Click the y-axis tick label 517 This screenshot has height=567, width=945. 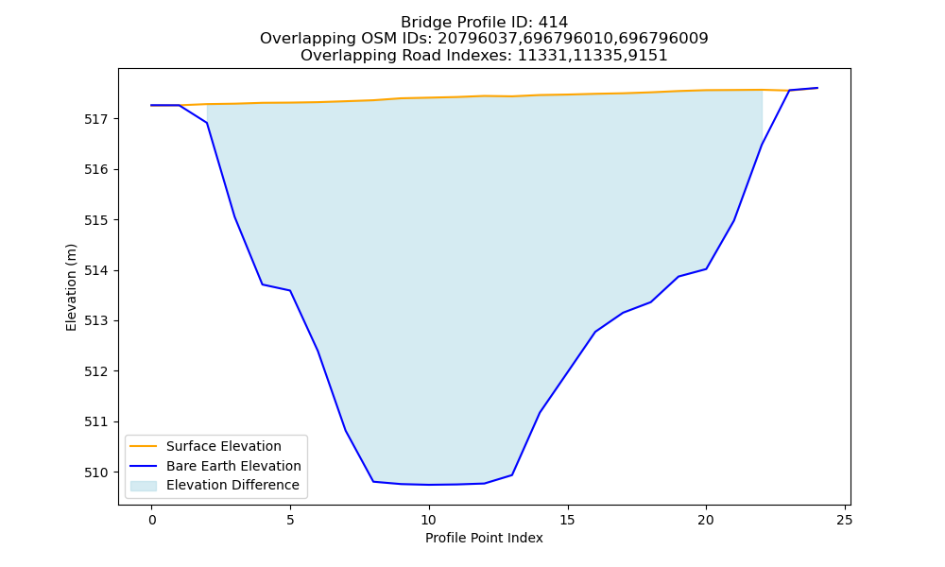click(95, 119)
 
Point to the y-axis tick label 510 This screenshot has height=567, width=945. click(95, 472)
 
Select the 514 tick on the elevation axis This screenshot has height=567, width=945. click(95, 270)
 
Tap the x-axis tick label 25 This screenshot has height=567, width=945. click(845, 520)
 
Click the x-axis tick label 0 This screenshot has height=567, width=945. click(152, 520)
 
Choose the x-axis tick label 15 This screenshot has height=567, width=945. click(568, 520)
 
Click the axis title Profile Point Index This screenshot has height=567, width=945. click(484, 538)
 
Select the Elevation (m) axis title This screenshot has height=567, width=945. click(71, 287)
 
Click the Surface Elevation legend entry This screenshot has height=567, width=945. click(224, 446)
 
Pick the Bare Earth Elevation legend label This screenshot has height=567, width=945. click(233, 466)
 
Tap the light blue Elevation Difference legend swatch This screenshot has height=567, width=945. click(144, 485)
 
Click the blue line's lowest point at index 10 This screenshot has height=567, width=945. click(429, 485)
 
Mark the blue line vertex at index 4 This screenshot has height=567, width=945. click(263, 284)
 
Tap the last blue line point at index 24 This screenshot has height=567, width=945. click(817, 88)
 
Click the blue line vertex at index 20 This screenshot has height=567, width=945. click(706, 268)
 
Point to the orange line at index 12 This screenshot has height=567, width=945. click(485, 95)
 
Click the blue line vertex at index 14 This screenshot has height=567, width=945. click(540, 413)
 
